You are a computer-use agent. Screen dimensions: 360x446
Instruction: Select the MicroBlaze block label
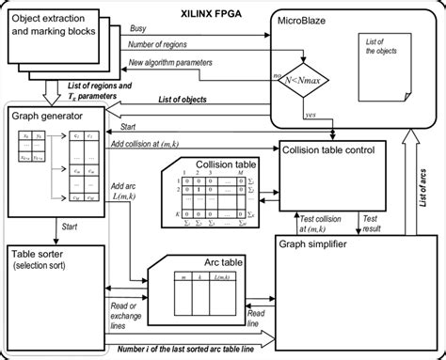click(x=314, y=19)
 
